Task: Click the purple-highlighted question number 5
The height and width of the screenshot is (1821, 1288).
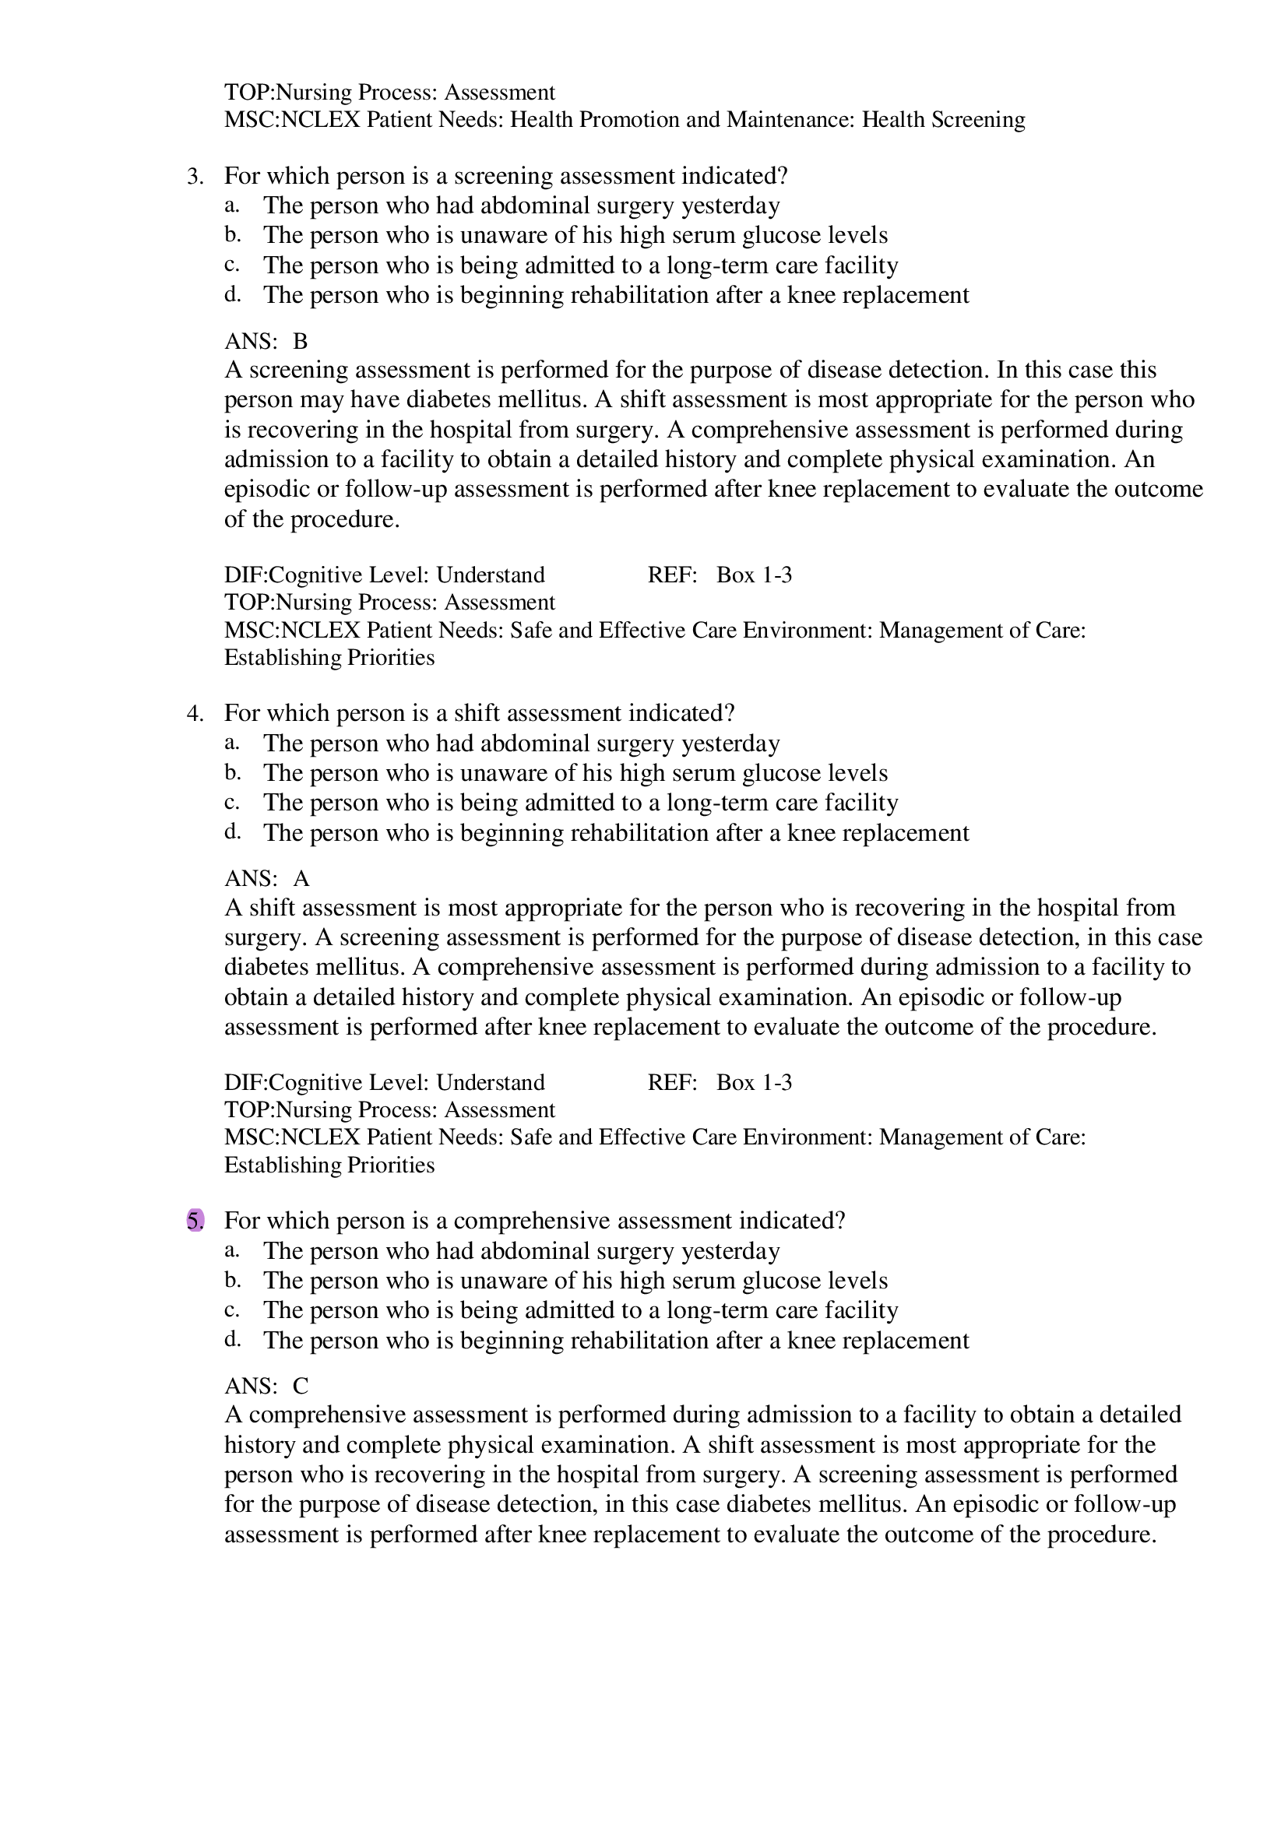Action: click(x=195, y=1221)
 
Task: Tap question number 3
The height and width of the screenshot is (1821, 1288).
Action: click(x=195, y=176)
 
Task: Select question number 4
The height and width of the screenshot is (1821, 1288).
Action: click(x=195, y=714)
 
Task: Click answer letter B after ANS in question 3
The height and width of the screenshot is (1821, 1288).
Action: click(x=300, y=342)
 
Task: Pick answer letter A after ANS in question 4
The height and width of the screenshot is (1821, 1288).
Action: click(x=301, y=879)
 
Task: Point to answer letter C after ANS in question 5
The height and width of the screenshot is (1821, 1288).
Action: click(x=300, y=1386)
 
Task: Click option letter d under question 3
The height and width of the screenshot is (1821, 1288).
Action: click(x=231, y=295)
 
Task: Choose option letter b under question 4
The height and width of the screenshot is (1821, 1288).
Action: click(x=231, y=772)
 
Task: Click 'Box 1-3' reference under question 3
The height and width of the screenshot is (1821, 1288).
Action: click(x=754, y=575)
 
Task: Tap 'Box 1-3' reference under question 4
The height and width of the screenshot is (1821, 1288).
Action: click(x=754, y=1083)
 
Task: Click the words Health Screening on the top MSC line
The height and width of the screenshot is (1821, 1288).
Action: click(x=943, y=120)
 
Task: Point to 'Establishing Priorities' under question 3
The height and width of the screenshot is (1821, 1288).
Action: click(x=329, y=658)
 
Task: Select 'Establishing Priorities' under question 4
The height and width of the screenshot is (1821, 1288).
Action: click(x=329, y=1165)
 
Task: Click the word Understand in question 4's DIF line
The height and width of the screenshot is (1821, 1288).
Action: click(x=490, y=1083)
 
